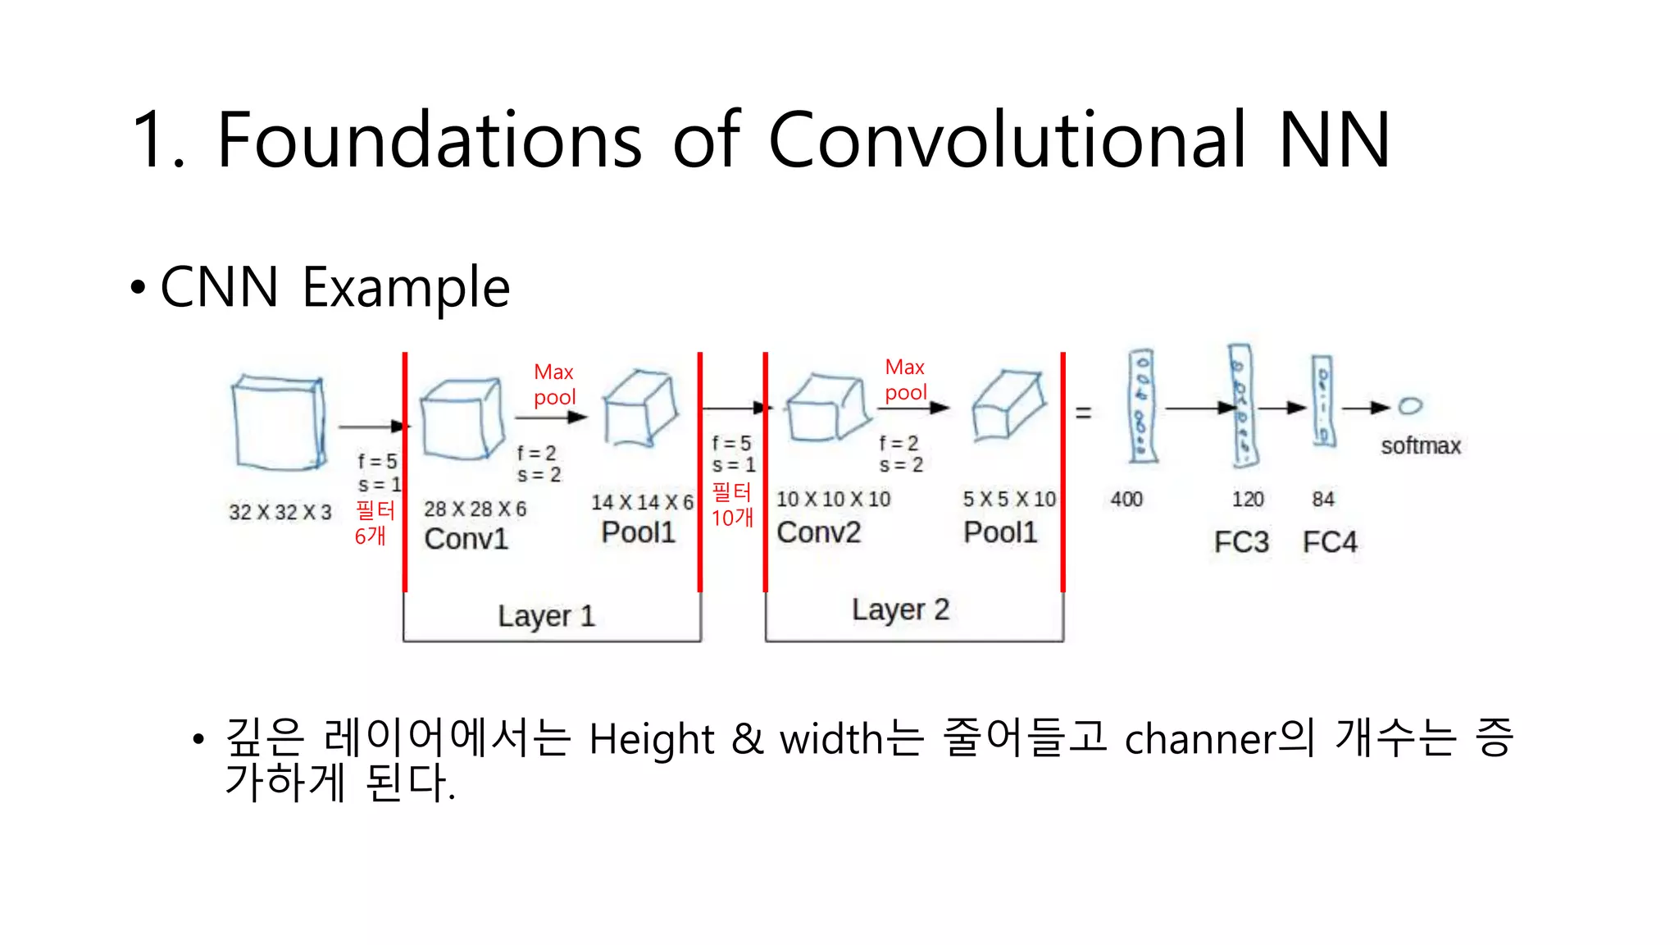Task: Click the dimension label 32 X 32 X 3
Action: [x=280, y=513]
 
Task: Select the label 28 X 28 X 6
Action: [x=475, y=509]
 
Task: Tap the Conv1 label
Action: [x=466, y=539]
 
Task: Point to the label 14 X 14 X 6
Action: [x=642, y=502]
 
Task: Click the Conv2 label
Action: [x=818, y=532]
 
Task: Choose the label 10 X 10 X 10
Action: [x=833, y=499]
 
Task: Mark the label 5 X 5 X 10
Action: [x=1009, y=499]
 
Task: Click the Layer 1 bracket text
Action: [x=546, y=616]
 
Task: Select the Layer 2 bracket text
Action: [x=900, y=609]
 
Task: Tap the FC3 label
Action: [x=1241, y=542]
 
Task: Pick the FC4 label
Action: [x=1330, y=542]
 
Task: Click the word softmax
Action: [x=1421, y=446]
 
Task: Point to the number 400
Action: [x=1126, y=499]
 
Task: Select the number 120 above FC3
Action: [x=1248, y=499]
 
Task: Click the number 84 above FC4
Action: [x=1323, y=499]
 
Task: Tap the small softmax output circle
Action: [x=1410, y=406]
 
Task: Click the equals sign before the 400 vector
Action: [x=1083, y=413]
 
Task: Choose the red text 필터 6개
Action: [x=374, y=523]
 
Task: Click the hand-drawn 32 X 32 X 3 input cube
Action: [x=279, y=422]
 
